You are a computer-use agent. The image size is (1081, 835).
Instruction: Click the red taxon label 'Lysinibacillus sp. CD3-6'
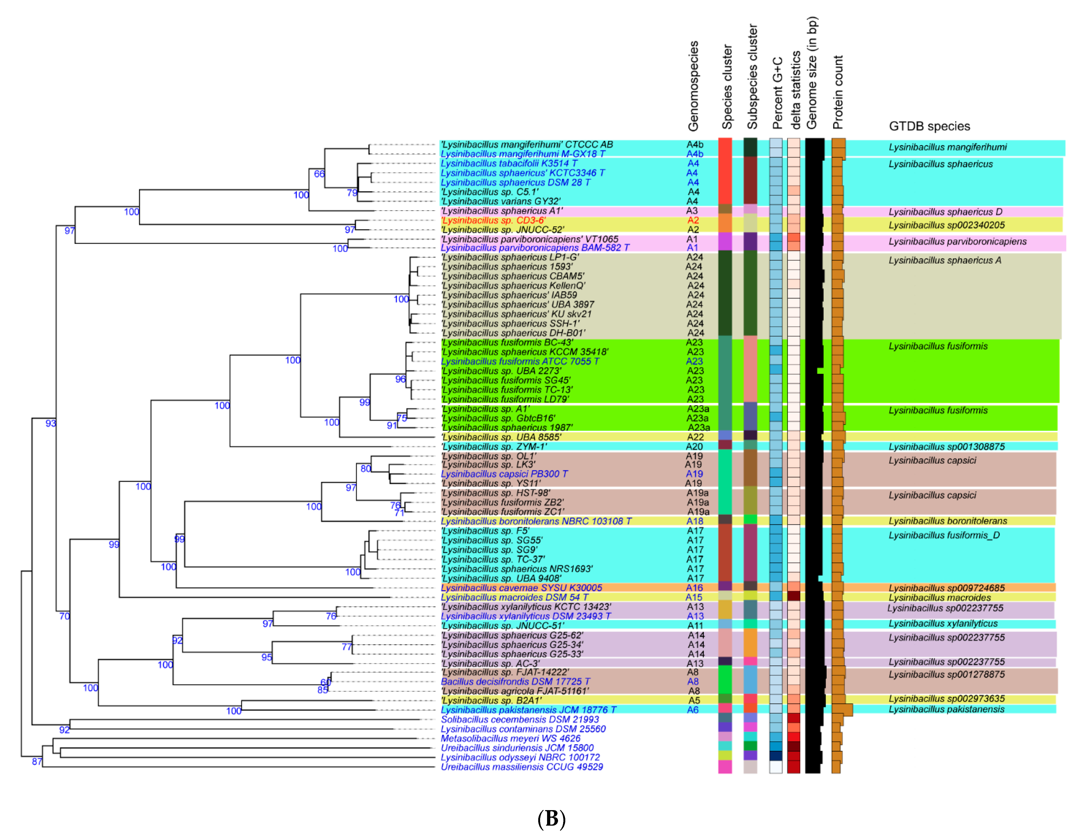tap(493, 220)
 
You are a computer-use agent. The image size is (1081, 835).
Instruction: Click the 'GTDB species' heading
tap(929, 126)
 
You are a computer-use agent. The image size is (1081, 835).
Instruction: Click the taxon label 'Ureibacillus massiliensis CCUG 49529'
tap(522, 767)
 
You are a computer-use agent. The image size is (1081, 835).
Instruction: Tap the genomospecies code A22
tap(695, 437)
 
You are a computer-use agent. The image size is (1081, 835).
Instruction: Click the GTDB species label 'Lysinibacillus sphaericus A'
tap(944, 260)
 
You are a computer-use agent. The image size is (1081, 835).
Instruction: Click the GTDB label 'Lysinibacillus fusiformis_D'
tap(944, 535)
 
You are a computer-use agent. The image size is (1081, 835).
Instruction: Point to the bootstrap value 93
tap(51, 423)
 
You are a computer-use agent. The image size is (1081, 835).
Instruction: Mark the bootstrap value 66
tap(319, 174)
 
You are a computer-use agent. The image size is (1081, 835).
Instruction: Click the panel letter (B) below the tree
tap(551, 819)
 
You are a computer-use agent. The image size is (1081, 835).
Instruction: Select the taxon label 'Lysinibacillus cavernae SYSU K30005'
tap(521, 588)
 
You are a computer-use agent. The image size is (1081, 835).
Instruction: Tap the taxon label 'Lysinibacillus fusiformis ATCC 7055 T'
tap(520, 361)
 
